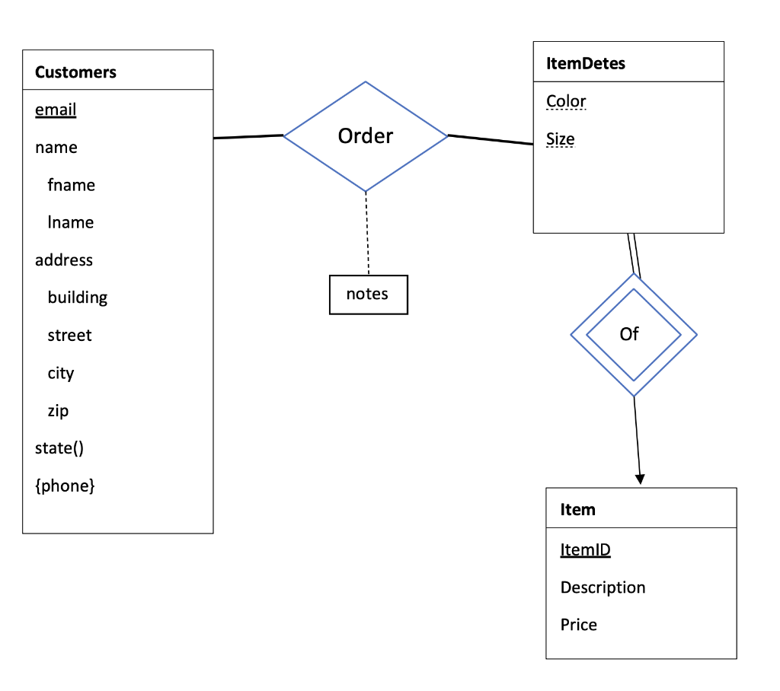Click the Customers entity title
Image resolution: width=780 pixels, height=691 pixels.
coord(75,72)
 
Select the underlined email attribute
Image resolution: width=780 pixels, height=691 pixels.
coord(56,110)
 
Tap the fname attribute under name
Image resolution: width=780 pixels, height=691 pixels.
coord(71,185)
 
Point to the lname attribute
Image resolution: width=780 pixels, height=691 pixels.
coord(70,222)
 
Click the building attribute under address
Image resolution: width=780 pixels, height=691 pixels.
coord(77,298)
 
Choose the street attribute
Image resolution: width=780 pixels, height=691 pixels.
coord(69,335)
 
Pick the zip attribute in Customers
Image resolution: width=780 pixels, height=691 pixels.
coord(58,410)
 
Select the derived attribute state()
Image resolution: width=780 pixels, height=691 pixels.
coord(59,447)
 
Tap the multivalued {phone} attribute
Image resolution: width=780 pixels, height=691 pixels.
coord(65,486)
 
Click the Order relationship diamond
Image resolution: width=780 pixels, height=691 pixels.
coord(366,136)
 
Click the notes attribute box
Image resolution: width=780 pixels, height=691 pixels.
coord(368,295)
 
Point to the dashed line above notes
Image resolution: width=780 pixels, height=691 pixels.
coord(367,233)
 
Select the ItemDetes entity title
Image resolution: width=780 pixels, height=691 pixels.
coord(586,63)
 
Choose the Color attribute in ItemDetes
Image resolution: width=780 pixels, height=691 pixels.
coord(566,101)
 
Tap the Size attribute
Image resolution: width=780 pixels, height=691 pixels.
coord(560,139)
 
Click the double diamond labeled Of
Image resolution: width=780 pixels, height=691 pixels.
coord(633,334)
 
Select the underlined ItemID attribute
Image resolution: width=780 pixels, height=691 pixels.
coord(585,549)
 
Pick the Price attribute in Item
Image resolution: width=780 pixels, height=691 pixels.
coord(578,625)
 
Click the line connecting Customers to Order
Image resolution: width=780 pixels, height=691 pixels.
coord(248,137)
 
